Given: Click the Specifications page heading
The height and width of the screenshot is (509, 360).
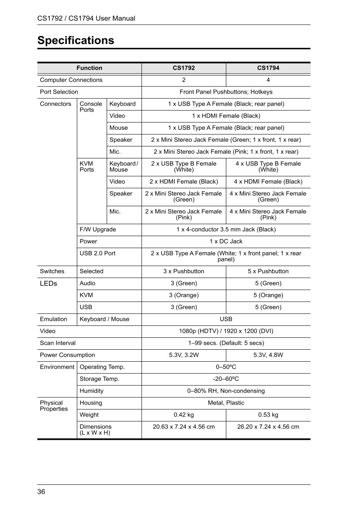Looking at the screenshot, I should (76, 40).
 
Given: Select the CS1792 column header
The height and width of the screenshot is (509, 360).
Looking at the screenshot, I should (184, 68).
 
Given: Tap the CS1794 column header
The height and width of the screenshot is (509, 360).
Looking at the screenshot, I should (268, 68).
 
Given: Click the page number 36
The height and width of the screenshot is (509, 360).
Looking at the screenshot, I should (41, 492).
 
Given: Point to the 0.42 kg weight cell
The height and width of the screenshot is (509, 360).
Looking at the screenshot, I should (184, 415).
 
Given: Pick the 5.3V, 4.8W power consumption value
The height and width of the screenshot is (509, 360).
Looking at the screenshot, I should (268, 355).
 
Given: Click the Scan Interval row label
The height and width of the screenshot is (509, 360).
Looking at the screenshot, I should (58, 343).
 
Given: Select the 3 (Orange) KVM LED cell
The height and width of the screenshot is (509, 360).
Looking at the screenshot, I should (184, 295).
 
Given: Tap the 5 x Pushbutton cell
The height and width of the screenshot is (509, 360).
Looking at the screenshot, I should (268, 271).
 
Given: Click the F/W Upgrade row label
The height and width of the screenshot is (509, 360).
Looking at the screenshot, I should (98, 230).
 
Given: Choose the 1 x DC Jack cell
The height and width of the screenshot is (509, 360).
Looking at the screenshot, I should (226, 242).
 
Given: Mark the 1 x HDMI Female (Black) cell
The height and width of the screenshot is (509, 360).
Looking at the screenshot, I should (226, 116).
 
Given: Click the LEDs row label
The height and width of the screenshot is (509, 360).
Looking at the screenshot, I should (48, 284).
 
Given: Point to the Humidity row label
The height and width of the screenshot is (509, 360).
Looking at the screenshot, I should (92, 391).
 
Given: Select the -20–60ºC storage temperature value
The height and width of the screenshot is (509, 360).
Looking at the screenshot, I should (226, 379).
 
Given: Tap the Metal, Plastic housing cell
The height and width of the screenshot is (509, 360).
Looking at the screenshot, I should (226, 403).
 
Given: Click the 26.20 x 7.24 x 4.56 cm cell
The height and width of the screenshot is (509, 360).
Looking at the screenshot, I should (268, 427).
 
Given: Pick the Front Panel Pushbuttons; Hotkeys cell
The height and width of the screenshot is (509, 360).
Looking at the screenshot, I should (226, 92).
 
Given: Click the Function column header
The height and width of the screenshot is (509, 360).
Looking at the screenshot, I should (90, 68).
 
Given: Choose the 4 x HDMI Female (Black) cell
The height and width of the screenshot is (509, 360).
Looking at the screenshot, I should (268, 182).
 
